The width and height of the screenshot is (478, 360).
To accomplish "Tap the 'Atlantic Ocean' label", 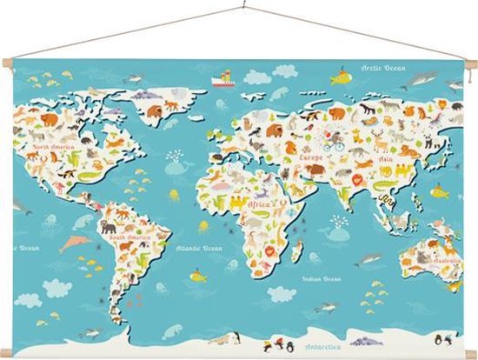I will coord(199,248).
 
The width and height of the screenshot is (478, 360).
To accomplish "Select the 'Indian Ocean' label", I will coord(321,279).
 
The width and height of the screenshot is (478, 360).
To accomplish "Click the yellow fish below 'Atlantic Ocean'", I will coord(198,277).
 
